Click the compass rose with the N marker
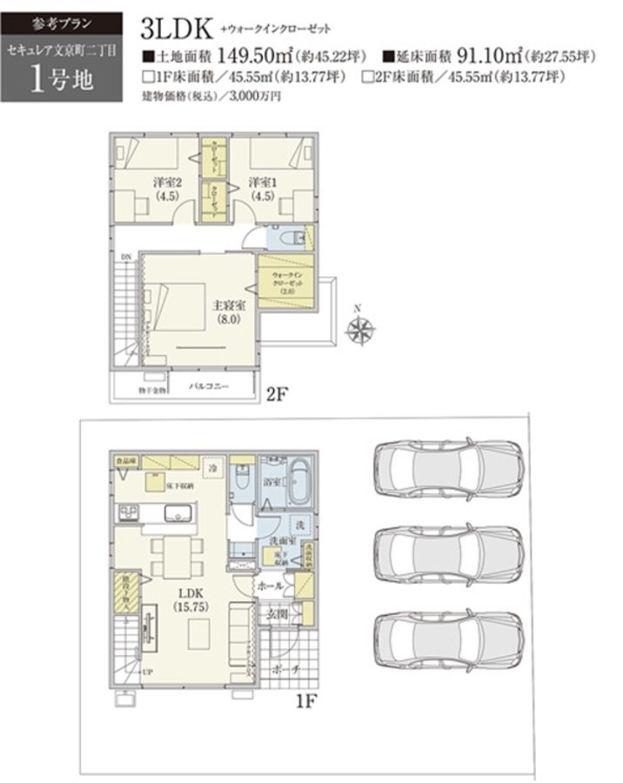(x=359, y=329)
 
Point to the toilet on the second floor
(x=298, y=238)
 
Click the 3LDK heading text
(x=177, y=29)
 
